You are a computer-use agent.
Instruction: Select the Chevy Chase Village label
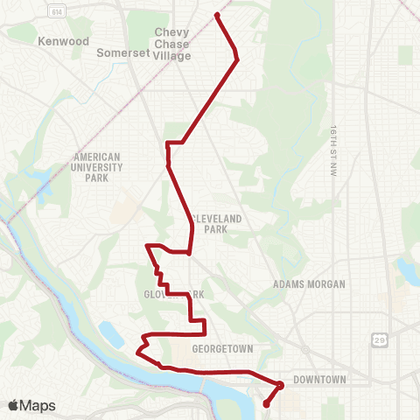point(171,44)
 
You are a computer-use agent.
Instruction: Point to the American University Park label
point(97,167)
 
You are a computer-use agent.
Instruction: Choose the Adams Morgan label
point(310,284)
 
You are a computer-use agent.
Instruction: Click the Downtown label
point(319,380)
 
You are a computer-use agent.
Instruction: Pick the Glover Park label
point(174,295)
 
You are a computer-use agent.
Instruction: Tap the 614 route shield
point(57,12)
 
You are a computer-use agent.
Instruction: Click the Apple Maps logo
point(31,405)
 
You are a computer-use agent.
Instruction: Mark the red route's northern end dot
point(216,15)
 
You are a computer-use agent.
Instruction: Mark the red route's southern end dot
point(266,403)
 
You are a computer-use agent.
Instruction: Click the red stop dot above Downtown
point(281,384)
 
